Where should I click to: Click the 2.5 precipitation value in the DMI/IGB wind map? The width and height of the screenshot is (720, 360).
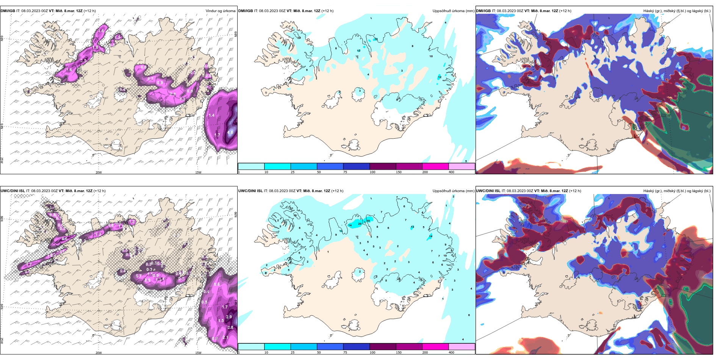(84, 60)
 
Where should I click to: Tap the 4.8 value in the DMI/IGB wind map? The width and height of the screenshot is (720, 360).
(230, 133)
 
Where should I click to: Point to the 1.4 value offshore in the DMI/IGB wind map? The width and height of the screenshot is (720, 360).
(211, 115)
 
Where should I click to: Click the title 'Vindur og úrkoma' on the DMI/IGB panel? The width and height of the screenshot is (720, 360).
(221, 11)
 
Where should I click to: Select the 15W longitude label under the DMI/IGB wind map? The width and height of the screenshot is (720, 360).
(198, 172)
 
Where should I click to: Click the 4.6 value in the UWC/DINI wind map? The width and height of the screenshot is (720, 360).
(64, 239)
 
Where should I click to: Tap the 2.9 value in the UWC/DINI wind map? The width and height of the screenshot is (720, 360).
(229, 317)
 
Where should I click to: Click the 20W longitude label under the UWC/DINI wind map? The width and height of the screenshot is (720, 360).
(99, 353)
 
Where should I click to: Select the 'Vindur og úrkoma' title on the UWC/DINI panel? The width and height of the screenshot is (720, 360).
(221, 191)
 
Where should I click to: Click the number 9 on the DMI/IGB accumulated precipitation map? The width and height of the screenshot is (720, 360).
(307, 70)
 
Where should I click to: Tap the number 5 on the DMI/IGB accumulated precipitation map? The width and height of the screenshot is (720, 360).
(466, 161)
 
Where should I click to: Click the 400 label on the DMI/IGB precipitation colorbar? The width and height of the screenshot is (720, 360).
(451, 172)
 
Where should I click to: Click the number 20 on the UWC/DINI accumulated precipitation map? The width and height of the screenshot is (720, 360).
(360, 224)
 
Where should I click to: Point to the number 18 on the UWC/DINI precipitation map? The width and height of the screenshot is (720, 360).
(368, 221)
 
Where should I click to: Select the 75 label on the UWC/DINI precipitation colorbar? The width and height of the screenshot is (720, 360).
(345, 352)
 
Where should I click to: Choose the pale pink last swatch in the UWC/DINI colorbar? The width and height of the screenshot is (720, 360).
(462, 347)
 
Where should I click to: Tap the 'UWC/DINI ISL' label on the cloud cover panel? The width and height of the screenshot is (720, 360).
(488, 191)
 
